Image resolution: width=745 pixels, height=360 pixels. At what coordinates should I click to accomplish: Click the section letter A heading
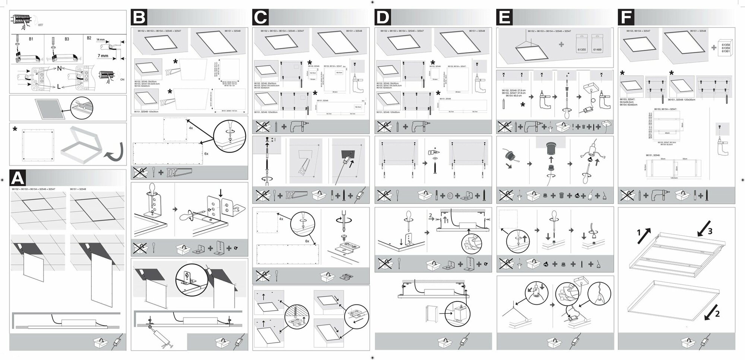pyautogui.click(x=18, y=178)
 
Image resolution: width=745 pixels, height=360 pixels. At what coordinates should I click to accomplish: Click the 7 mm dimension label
pyautogui.click(x=103, y=56)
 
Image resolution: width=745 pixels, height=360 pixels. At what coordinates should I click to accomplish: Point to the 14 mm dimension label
pyautogui.click(x=100, y=40)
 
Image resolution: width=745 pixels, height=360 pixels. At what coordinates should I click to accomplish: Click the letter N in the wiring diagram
pyautogui.click(x=59, y=69)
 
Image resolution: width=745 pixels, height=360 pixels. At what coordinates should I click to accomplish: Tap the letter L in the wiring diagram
pyautogui.click(x=59, y=86)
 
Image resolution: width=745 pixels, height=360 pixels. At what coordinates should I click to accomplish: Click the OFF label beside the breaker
pyautogui.click(x=41, y=25)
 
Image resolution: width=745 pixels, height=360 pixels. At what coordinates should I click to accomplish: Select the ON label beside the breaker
pyautogui.click(x=123, y=79)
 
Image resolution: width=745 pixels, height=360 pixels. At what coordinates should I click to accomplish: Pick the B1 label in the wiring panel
pyautogui.click(x=31, y=39)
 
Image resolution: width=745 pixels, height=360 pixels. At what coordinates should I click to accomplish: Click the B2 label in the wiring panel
pyautogui.click(x=89, y=38)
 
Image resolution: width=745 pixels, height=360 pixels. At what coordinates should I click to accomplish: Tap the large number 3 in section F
pyautogui.click(x=710, y=231)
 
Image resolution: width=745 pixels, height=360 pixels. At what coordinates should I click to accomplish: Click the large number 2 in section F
pyautogui.click(x=717, y=314)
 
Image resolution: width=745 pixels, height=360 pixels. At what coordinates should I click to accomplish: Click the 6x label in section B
pyautogui.click(x=206, y=154)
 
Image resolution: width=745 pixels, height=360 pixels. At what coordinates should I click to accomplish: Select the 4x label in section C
pyautogui.click(x=281, y=219)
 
